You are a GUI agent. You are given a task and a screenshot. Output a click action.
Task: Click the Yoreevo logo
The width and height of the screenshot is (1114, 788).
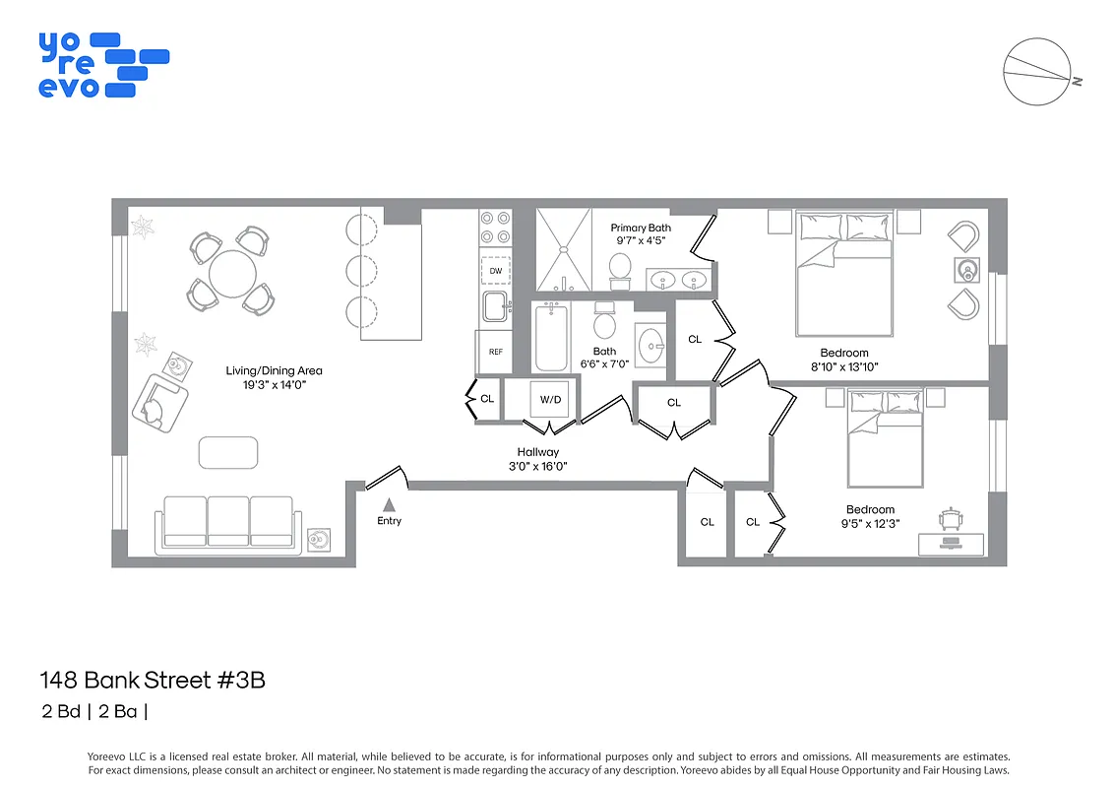[102, 64]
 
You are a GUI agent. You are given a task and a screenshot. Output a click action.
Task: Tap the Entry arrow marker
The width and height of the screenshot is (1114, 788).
[389, 503]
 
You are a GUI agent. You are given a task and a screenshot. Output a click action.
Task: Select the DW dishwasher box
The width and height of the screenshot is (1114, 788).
[495, 269]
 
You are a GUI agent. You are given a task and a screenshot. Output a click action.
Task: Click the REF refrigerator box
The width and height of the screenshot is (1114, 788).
[495, 352]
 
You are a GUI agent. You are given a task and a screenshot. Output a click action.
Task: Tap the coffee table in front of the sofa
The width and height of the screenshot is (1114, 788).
[228, 452]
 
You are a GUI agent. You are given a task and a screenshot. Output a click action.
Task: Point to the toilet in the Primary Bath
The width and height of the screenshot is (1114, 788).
[620, 269]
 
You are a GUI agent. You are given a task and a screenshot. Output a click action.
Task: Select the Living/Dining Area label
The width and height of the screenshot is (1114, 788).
[274, 371]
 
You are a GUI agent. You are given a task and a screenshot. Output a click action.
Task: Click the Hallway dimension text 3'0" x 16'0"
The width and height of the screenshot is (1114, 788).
[537, 466]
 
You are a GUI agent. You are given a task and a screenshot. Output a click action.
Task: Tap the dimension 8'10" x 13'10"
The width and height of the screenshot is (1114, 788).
[843, 366]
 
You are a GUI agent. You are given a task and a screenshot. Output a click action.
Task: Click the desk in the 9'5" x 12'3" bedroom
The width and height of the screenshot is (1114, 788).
[951, 543]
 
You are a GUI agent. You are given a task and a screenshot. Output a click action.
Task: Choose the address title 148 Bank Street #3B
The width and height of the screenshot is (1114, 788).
[153, 680]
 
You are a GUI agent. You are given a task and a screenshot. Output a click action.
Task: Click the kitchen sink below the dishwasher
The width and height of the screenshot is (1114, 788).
[495, 306]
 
